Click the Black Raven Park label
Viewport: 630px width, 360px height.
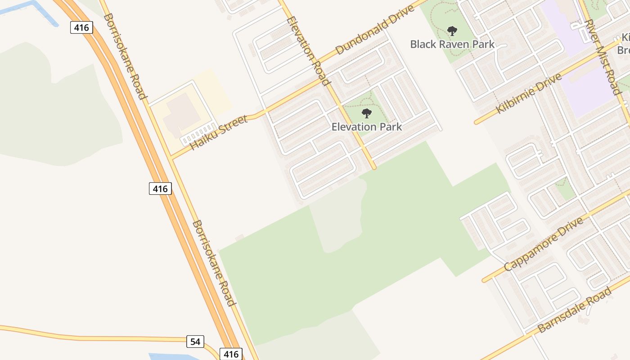tap(452, 44)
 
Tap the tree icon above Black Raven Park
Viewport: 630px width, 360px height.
tap(452, 31)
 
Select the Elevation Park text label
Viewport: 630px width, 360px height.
tap(366, 127)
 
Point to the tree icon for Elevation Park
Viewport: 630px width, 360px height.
tap(367, 113)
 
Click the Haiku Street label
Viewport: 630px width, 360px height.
tap(219, 132)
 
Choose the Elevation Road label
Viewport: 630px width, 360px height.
tap(308, 51)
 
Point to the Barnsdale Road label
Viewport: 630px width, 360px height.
tap(575, 310)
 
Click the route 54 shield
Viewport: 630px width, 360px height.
tap(195, 342)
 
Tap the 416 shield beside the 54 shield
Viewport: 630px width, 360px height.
tap(231, 354)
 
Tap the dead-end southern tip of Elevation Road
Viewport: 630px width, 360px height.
tap(373, 168)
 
